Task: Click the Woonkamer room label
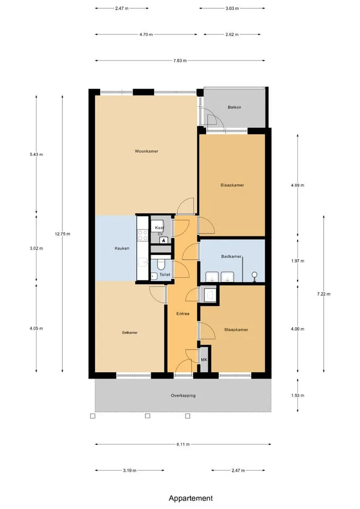146,151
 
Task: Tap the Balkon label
234,107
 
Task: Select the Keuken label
122,248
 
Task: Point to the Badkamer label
232,257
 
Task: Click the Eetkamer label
129,333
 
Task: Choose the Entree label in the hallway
183,313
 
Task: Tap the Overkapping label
183,396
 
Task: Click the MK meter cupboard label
204,359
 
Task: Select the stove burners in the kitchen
143,235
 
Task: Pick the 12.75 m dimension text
63,234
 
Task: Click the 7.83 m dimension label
180,60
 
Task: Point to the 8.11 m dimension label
183,444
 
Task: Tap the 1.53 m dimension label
297,396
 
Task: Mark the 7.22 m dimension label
323,294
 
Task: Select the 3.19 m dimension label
129,470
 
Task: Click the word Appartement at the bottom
191,498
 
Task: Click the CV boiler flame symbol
163,240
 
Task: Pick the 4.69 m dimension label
297,186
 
